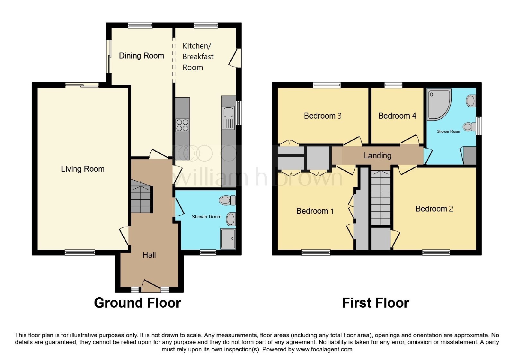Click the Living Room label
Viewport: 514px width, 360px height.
pyautogui.click(x=83, y=169)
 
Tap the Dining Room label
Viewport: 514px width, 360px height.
pyautogui.click(x=141, y=56)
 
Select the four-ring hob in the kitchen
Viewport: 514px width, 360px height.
pyautogui.click(x=182, y=125)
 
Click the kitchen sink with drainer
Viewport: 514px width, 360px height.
pyautogui.click(x=228, y=118)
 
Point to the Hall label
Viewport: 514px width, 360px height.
pyautogui.click(x=149, y=255)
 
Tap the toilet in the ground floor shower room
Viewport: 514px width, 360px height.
pyautogui.click(x=227, y=200)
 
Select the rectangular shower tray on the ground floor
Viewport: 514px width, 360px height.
pyautogui.click(x=228, y=239)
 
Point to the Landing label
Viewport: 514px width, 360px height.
pyautogui.click(x=377, y=156)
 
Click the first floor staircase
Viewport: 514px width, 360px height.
pyautogui.click(x=381, y=197)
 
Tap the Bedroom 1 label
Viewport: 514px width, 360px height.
pyautogui.click(x=315, y=211)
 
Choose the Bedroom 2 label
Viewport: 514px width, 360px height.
pyautogui.click(x=434, y=209)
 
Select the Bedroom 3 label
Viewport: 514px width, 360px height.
pyautogui.click(x=323, y=116)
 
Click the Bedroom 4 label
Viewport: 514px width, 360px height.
pyautogui.click(x=397, y=116)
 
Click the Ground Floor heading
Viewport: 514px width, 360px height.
pyautogui.click(x=138, y=303)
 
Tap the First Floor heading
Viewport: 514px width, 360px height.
pyautogui.click(x=376, y=303)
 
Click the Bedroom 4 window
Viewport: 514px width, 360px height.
pyautogui.click(x=393, y=85)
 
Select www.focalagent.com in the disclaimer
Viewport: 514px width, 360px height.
pyautogui.click(x=324, y=349)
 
